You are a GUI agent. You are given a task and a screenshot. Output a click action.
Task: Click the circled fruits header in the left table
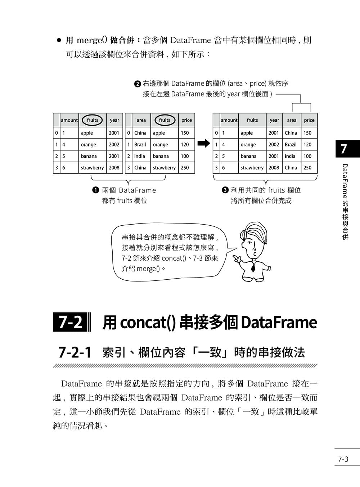point(92,120)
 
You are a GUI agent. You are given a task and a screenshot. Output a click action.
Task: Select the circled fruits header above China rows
point(165,120)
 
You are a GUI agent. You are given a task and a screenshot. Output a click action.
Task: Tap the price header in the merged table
point(309,120)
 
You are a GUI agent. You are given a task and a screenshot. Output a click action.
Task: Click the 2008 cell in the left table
point(114,168)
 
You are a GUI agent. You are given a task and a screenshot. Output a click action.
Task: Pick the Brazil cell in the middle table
point(140,145)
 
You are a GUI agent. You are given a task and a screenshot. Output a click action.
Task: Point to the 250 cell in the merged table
point(307,168)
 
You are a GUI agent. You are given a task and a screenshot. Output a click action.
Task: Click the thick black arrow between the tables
point(204,143)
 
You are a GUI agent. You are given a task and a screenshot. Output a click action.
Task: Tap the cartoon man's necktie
point(253,267)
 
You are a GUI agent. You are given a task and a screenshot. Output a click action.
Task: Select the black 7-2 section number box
point(70,322)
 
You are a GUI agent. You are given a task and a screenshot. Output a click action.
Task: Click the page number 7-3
point(343,459)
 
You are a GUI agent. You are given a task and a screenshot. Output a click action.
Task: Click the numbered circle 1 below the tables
point(96,190)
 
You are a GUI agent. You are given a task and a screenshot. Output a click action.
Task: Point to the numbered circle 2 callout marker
point(138,84)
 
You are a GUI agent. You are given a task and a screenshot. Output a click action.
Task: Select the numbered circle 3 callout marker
point(225,190)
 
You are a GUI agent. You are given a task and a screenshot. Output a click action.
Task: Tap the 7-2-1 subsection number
point(75,352)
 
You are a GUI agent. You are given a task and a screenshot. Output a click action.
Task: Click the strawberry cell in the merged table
point(252,168)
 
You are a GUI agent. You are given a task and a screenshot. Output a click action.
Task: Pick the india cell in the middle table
point(140,156)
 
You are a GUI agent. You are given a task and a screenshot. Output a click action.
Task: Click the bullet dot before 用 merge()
point(59,40)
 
